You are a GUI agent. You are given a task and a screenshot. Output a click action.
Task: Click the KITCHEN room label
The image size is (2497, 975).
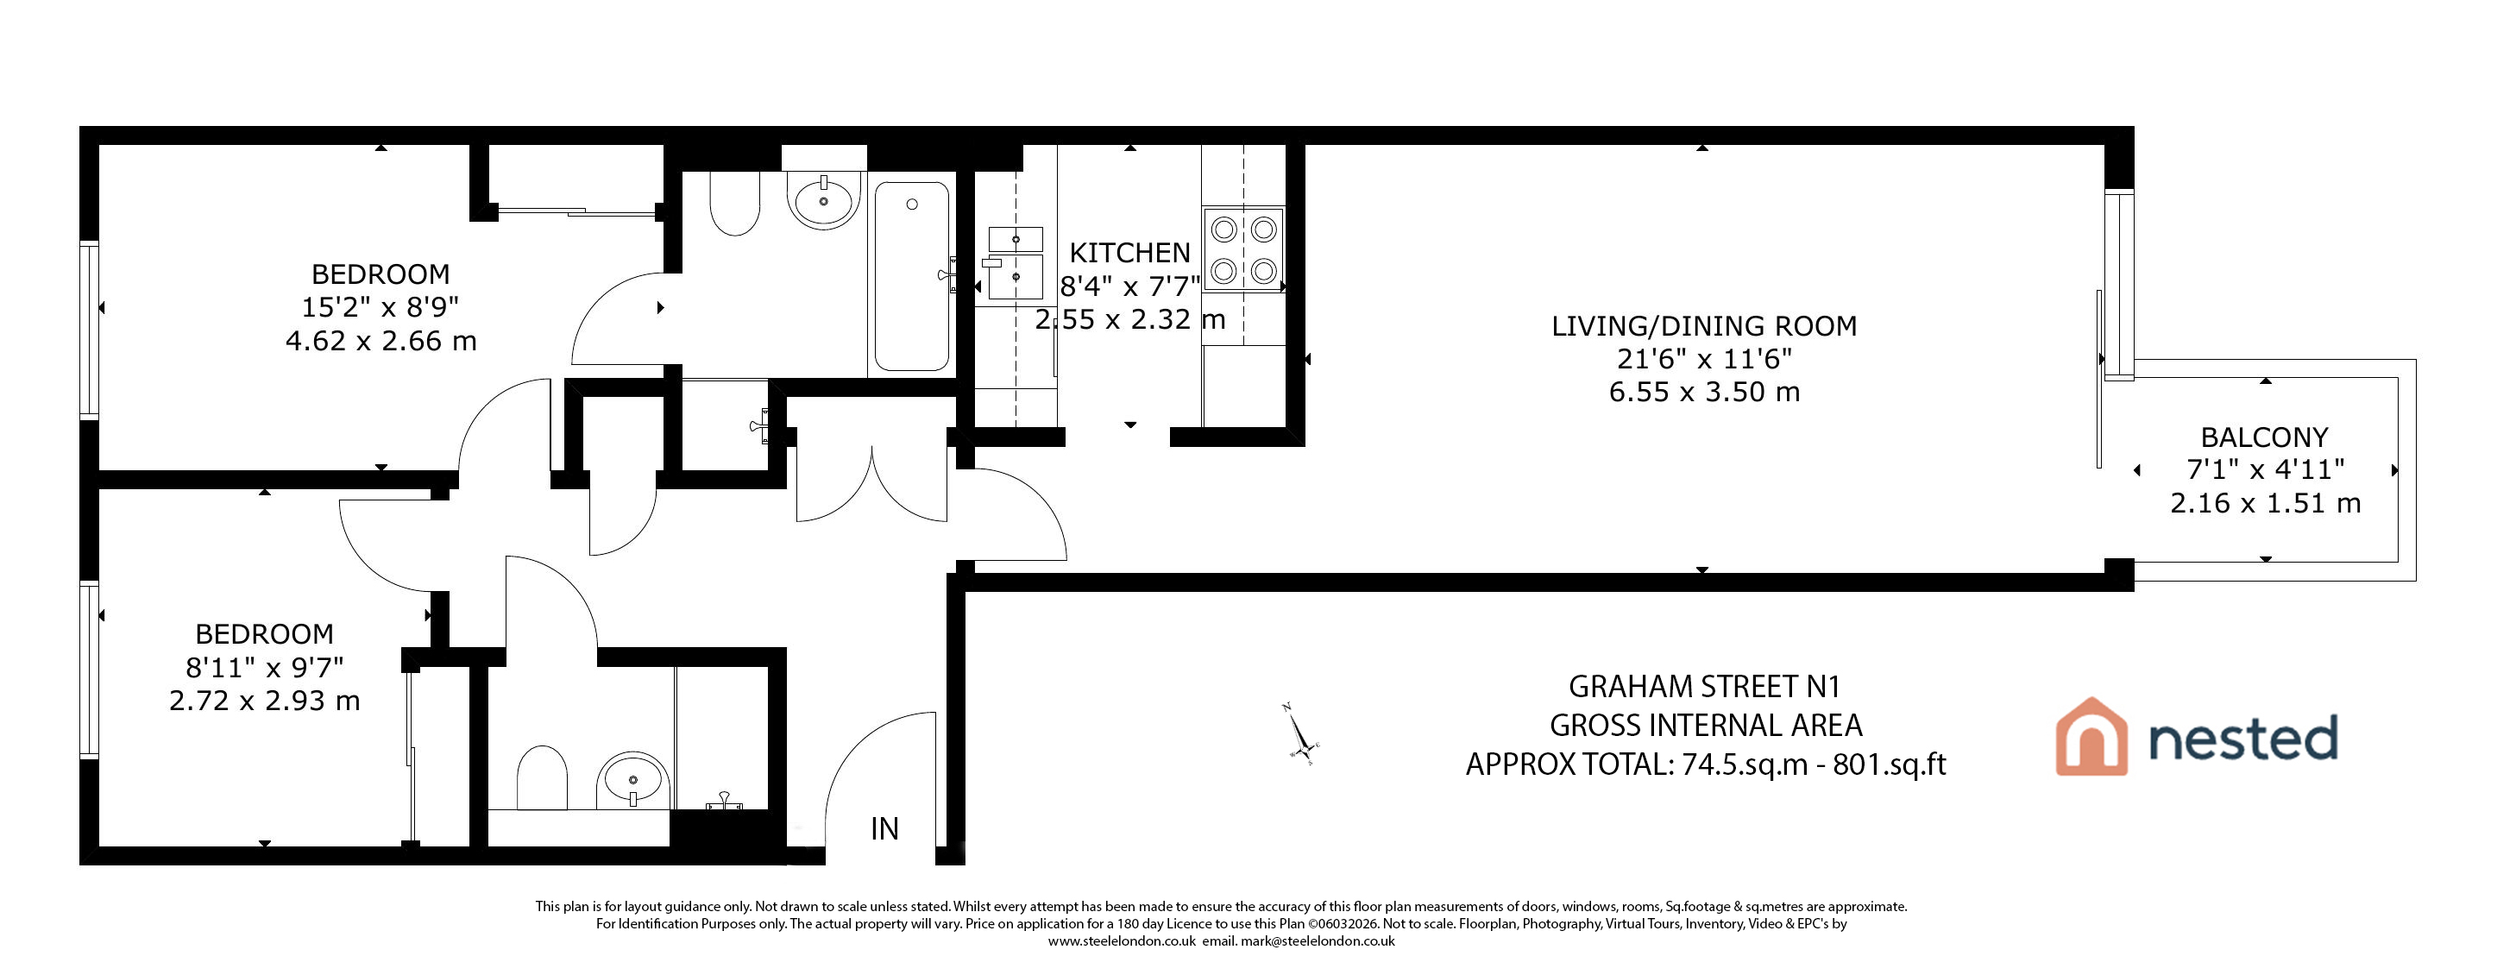tap(1129, 253)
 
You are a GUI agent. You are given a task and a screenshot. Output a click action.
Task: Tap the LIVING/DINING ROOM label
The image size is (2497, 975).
tap(1704, 327)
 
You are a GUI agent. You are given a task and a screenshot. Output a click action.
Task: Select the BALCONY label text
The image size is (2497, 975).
tap(2264, 438)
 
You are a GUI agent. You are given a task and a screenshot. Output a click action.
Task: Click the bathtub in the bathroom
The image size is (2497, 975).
tap(911, 276)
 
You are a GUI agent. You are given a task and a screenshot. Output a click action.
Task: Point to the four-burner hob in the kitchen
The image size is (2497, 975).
tap(1243, 250)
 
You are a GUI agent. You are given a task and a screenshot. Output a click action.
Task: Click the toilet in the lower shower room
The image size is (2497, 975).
tap(542, 777)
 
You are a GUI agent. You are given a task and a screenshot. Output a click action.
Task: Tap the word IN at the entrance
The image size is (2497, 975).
tap(884, 828)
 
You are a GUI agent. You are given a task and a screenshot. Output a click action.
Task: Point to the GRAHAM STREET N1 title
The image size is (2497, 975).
tap(1704, 687)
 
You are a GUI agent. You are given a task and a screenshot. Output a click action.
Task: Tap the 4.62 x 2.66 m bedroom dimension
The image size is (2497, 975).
tap(381, 341)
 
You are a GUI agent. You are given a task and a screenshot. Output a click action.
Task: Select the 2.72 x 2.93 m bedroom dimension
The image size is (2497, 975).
tap(265, 701)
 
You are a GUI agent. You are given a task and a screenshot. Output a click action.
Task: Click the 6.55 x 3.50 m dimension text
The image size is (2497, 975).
tap(1704, 393)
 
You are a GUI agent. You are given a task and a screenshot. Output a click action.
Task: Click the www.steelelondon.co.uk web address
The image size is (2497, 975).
tap(1122, 941)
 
